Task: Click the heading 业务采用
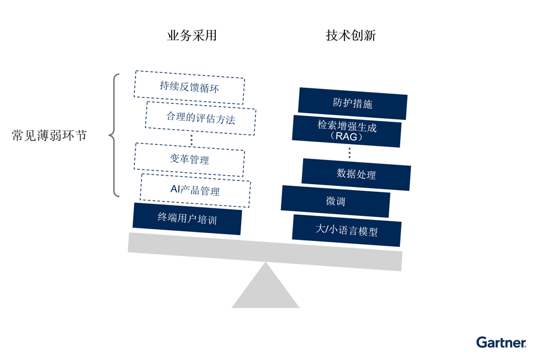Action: (191, 36)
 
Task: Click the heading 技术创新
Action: (351, 36)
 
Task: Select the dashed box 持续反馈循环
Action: (189, 87)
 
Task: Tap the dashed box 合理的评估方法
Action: (200, 118)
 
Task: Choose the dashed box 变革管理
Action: (189, 160)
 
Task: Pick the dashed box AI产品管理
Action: (195, 190)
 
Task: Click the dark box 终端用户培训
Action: (187, 218)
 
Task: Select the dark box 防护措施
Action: (352, 103)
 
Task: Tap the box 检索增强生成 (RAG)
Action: (347, 131)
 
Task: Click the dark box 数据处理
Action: (356, 174)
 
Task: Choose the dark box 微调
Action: (335, 202)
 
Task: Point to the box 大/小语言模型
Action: (347, 230)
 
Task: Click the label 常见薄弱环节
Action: (49, 136)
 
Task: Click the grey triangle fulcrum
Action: (265, 291)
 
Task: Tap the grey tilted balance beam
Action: (265, 251)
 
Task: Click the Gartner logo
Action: (501, 343)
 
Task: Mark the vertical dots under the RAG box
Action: (349, 152)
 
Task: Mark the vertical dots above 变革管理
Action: (191, 138)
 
